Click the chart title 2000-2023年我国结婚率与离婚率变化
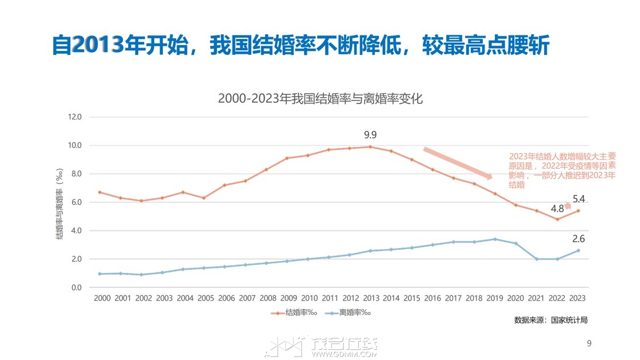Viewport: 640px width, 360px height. coord(320,98)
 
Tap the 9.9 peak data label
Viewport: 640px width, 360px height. coord(371,135)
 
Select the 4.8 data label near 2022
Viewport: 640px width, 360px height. coord(558,208)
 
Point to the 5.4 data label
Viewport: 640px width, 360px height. coord(579,199)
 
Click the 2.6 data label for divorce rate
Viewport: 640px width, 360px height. coord(579,239)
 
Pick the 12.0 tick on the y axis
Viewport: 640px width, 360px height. coord(75,117)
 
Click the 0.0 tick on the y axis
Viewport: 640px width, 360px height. coord(75,287)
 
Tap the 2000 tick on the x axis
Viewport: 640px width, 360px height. coord(102,298)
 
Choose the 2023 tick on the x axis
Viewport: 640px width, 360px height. coord(578,298)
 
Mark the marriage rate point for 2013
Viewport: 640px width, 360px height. coord(370,147)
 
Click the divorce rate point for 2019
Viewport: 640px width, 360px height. coord(495,239)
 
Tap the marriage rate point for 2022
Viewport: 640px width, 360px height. coord(557,219)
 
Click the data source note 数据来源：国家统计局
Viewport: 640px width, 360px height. coord(550,320)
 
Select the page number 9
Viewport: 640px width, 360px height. coord(589,343)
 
